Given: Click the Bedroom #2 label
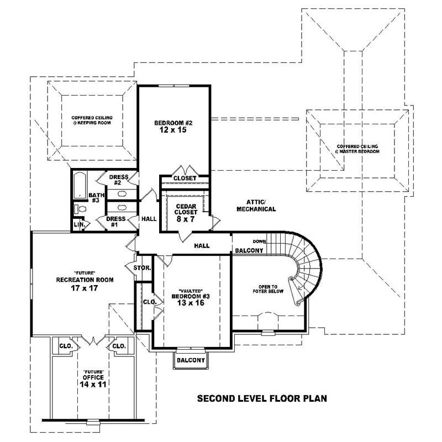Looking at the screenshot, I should click(174, 123).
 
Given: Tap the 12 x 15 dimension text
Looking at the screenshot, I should click(174, 130).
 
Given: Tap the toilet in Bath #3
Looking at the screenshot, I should click(80, 209).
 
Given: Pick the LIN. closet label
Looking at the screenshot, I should click(79, 225).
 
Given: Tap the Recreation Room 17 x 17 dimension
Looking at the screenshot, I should click(85, 287).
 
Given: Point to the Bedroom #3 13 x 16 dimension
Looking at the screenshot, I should click(188, 303).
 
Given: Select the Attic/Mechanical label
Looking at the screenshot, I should click(256, 206).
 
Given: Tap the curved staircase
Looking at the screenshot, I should click(307, 265).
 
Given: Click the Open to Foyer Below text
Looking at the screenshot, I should click(268, 289).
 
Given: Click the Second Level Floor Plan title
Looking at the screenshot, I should click(262, 398).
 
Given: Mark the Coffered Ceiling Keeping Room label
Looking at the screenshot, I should click(92, 120).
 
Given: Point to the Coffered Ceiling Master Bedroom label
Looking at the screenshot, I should click(357, 149).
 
